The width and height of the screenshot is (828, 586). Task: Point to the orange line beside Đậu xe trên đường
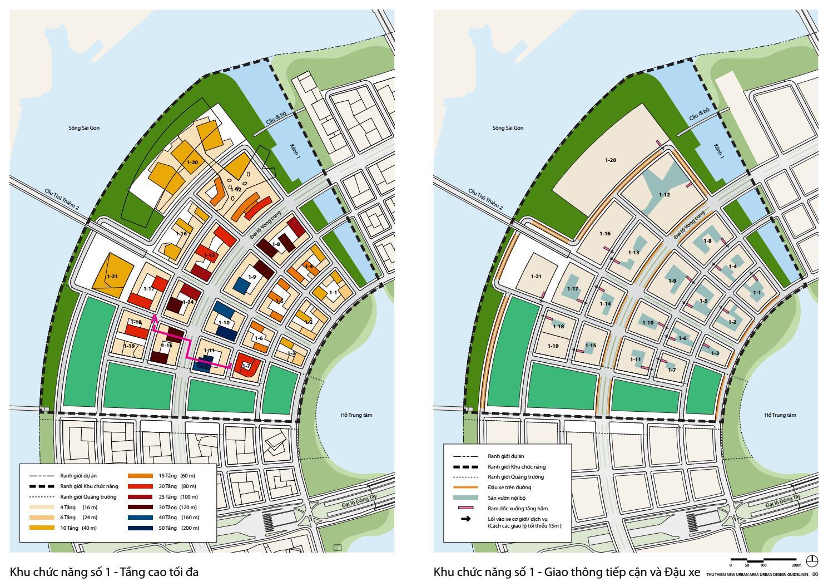[466, 487]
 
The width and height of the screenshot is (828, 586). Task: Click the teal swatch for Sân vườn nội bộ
[466, 497]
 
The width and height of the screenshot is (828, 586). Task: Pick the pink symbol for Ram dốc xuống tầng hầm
[466, 508]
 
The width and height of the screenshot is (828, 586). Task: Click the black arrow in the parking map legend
[466, 519]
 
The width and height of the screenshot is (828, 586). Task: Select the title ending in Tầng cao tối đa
[104, 572]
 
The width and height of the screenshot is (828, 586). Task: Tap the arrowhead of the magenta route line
[155, 318]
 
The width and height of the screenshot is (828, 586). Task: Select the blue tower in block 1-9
[241, 285]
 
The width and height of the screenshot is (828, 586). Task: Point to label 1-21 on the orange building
[112, 276]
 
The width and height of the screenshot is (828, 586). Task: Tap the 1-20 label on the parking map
[611, 160]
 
